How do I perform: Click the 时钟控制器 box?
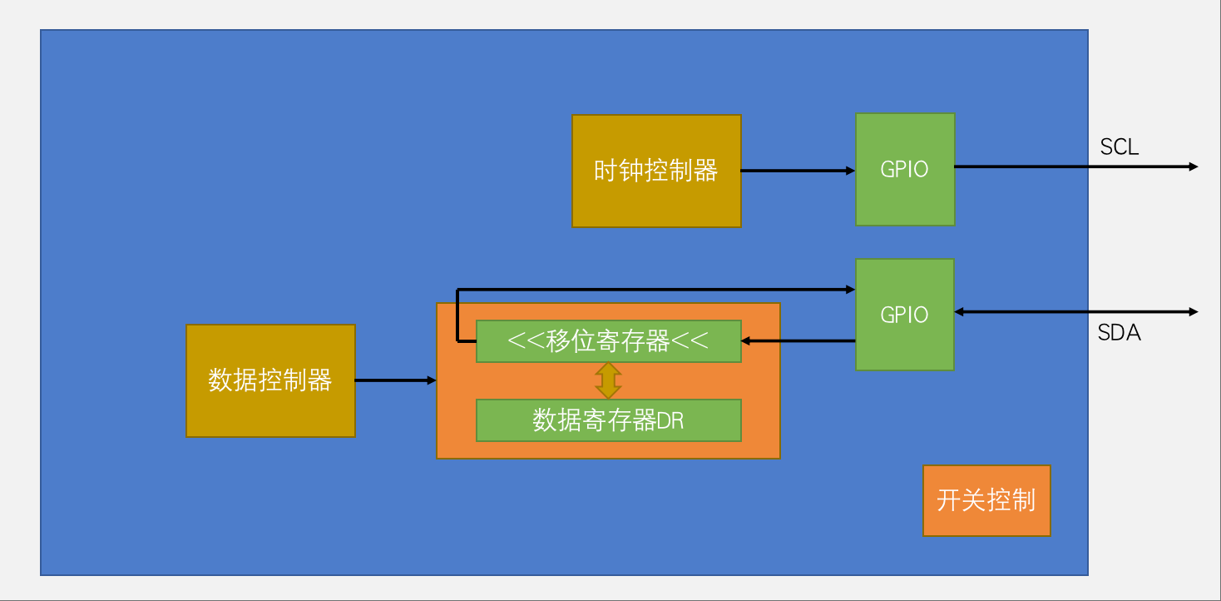(656, 171)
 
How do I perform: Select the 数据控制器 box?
(270, 380)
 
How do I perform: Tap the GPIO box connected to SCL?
(905, 169)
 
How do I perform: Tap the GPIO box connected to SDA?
(904, 315)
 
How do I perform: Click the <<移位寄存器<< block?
(608, 341)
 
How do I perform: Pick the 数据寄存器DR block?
(608, 420)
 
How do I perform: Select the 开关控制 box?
(986, 500)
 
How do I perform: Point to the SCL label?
(1119, 147)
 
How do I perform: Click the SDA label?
(1119, 333)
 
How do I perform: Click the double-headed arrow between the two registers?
(608, 380)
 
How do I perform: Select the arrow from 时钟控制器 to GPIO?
(797, 171)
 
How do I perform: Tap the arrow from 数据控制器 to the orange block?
(395, 380)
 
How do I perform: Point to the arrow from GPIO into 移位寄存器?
(798, 340)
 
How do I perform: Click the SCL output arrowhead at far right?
(1194, 166)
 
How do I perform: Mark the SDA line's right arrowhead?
(1194, 312)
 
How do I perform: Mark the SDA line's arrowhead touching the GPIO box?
(959, 312)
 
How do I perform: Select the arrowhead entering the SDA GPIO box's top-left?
(851, 289)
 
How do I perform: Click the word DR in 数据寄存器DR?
(670, 421)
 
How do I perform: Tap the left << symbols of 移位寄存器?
(526, 341)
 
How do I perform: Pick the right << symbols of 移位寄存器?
(690, 341)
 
